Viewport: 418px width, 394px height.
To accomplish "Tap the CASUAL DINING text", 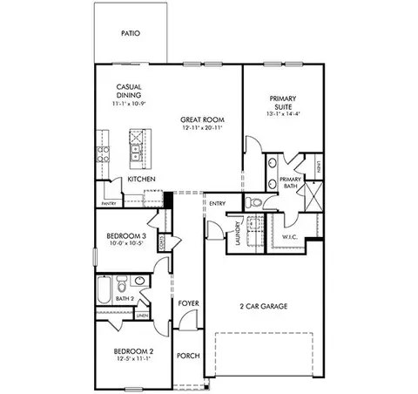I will pyautogui.click(x=130, y=91).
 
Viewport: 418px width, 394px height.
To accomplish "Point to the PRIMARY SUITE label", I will pyautogui.click(x=283, y=102).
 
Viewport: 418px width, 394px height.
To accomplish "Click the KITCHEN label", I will pyautogui.click(x=142, y=179).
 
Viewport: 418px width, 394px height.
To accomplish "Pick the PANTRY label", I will pyautogui.click(x=109, y=203).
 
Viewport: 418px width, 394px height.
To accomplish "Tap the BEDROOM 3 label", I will pyautogui.click(x=126, y=236).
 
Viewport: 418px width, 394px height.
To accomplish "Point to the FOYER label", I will pyautogui.click(x=188, y=302).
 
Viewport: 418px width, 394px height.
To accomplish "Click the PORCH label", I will pyautogui.click(x=188, y=356).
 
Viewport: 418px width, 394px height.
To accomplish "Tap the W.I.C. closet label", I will pyautogui.click(x=292, y=236).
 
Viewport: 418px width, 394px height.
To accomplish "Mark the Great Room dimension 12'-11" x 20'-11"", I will pyautogui.click(x=201, y=128).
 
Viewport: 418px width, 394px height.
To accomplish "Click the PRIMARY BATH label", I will pyautogui.click(x=290, y=182).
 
